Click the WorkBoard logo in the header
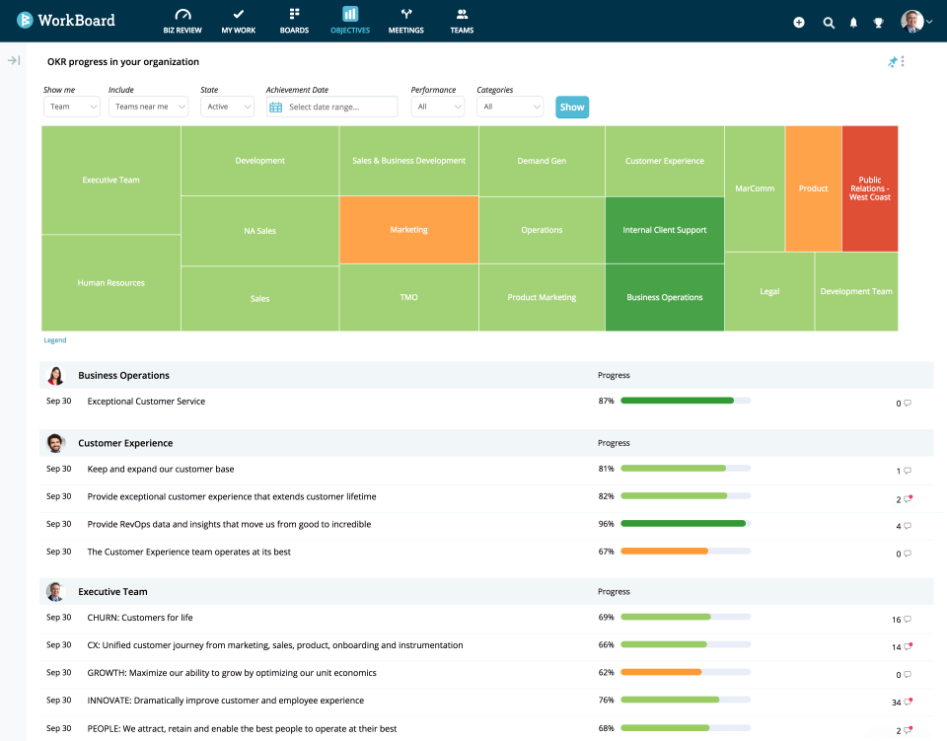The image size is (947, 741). pyautogui.click(x=65, y=20)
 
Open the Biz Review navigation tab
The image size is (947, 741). pyautogui.click(x=182, y=21)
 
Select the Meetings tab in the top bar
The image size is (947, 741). pyautogui.click(x=405, y=21)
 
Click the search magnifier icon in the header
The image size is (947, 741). pyautogui.click(x=829, y=22)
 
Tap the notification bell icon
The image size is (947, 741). pyautogui.click(x=853, y=22)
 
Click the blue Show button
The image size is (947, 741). pyautogui.click(x=572, y=107)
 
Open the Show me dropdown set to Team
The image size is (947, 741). pyautogui.click(x=71, y=107)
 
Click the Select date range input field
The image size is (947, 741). pyautogui.click(x=332, y=107)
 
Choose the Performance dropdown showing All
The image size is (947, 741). pyautogui.click(x=437, y=107)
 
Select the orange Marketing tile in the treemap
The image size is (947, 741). pyautogui.click(x=408, y=230)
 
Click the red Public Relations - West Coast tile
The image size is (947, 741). pyautogui.click(x=870, y=188)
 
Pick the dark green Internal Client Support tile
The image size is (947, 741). pyautogui.click(x=664, y=230)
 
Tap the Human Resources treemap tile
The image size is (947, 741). pyautogui.click(x=110, y=283)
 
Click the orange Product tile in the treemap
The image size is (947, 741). pyautogui.click(x=813, y=188)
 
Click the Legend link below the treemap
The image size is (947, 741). pyautogui.click(x=55, y=340)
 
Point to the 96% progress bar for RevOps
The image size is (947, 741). pyautogui.click(x=685, y=524)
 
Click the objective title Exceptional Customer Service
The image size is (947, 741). pyautogui.click(x=146, y=402)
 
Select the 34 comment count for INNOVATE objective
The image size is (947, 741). pyautogui.click(x=896, y=703)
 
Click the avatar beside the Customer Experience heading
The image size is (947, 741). pyautogui.click(x=56, y=443)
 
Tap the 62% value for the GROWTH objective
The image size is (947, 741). pyautogui.click(x=606, y=673)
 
